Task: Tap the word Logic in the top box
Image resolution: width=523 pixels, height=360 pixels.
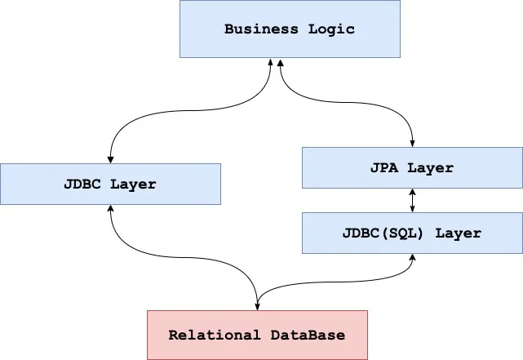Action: (x=333, y=29)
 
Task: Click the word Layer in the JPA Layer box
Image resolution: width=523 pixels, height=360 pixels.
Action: (x=429, y=167)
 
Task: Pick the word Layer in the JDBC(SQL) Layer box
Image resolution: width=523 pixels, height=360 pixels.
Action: (x=458, y=233)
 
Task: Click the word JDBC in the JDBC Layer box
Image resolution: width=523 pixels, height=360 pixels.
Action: (x=83, y=184)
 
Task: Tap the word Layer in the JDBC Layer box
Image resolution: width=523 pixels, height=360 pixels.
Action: (x=132, y=184)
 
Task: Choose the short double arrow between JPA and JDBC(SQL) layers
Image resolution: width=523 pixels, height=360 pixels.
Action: (x=412, y=200)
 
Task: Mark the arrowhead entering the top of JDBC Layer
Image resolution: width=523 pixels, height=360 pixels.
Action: (x=110, y=159)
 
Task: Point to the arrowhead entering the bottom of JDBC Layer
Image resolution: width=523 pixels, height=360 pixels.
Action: (x=110, y=209)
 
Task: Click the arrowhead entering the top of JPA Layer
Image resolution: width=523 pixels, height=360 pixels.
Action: (x=412, y=143)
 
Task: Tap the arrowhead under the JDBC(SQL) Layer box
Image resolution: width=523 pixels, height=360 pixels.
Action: (x=412, y=257)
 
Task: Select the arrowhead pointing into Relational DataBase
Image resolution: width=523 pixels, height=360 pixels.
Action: (x=257, y=306)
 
